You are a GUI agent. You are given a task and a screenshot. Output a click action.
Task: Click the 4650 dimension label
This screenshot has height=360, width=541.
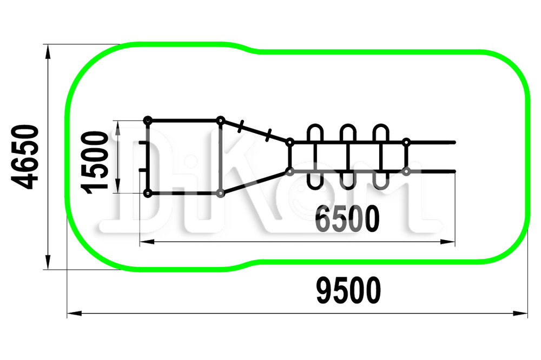click(24, 157)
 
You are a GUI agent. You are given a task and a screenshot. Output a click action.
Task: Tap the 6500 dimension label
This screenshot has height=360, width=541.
click(347, 218)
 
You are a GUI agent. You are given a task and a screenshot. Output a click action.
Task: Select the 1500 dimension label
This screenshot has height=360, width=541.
click(94, 162)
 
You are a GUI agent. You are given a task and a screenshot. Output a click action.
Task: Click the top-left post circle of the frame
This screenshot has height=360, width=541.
click(148, 121)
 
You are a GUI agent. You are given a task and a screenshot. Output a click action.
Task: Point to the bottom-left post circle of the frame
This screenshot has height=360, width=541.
click(148, 194)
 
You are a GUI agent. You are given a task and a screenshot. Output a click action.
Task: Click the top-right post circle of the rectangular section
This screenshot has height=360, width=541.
click(220, 121)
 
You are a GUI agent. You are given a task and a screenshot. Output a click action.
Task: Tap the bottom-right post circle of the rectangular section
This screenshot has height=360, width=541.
click(220, 194)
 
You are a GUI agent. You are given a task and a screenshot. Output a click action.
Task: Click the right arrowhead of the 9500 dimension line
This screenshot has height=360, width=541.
click(520, 314)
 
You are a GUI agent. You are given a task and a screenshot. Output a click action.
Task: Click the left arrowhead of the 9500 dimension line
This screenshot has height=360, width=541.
click(75, 314)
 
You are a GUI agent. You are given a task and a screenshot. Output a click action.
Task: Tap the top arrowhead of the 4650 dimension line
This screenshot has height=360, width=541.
click(48, 52)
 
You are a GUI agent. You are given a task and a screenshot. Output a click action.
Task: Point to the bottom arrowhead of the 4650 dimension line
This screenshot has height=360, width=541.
click(48, 262)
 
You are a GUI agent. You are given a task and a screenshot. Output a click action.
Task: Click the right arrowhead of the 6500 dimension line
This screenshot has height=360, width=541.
click(448, 242)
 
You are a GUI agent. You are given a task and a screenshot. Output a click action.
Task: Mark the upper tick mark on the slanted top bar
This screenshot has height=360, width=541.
click(241, 126)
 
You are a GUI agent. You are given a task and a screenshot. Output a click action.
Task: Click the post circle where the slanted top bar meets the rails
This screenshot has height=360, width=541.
click(290, 142)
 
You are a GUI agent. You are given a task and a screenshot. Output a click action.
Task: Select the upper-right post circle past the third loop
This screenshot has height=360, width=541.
click(406, 142)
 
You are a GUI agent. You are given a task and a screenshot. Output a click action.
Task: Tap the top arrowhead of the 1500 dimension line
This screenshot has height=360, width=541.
click(118, 128)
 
